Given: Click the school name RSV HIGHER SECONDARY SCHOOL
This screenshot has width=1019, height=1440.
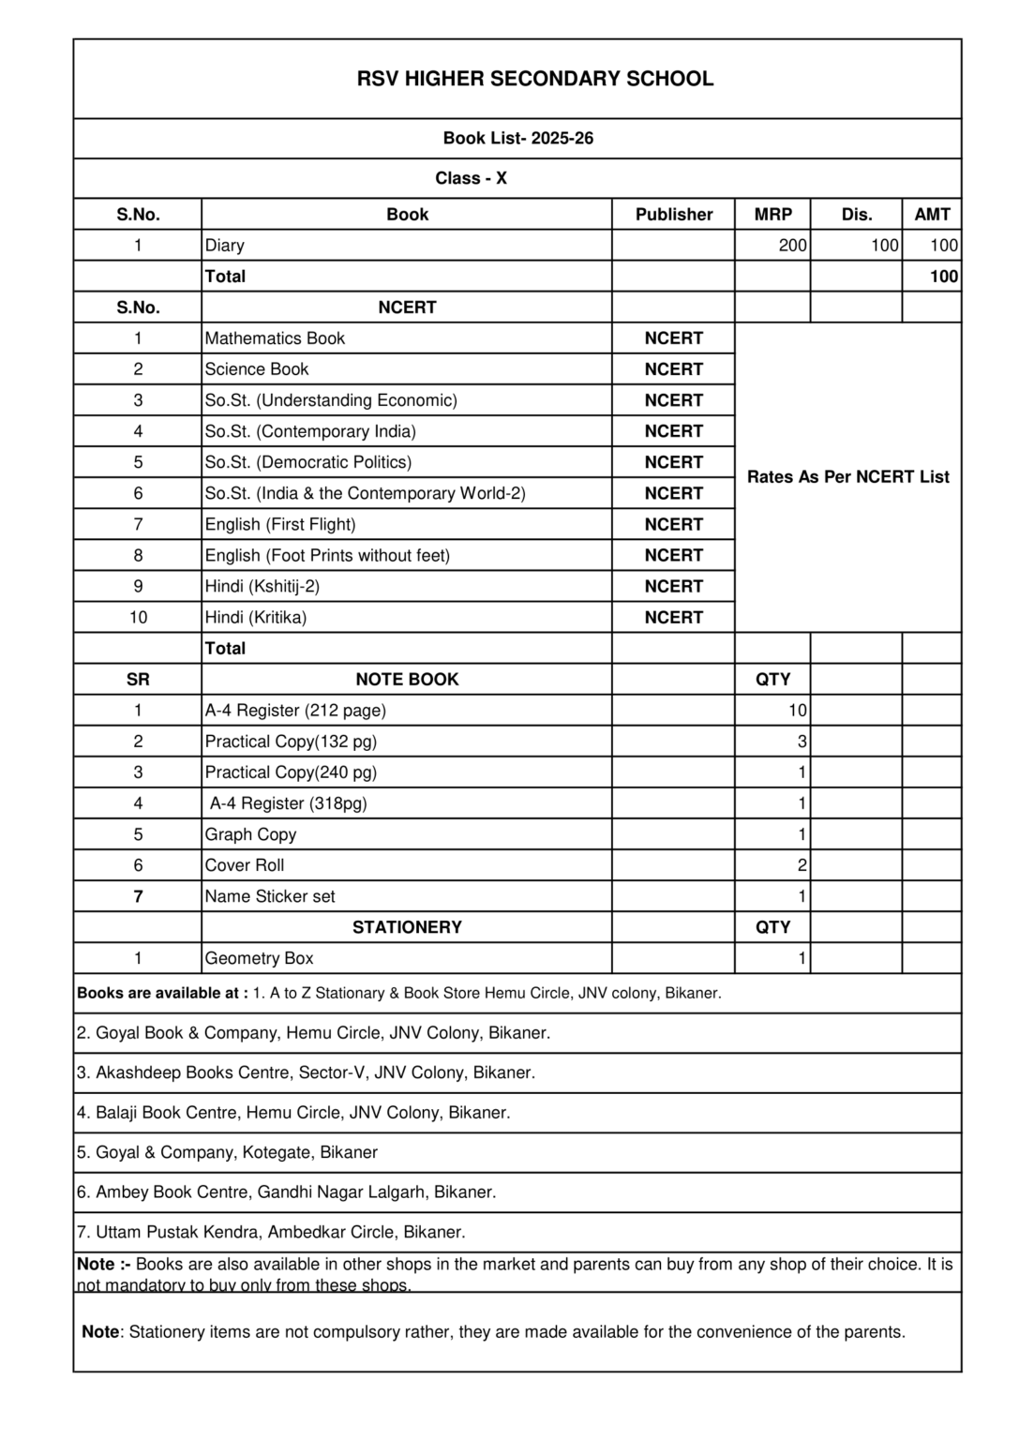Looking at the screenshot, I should click(x=534, y=79).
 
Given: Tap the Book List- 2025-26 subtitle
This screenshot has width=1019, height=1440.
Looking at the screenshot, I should click(x=517, y=138).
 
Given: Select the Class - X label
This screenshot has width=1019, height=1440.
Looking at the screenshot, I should click(x=471, y=178).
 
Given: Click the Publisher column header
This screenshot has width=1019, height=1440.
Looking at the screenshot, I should click(x=673, y=215).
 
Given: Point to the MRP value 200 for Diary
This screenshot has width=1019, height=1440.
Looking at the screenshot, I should click(x=792, y=246).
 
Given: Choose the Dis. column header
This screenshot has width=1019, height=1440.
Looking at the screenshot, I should click(x=856, y=215).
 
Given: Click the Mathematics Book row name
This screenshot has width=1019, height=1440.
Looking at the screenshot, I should click(x=275, y=338).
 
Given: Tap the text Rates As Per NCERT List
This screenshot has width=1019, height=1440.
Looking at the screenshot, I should click(x=847, y=477).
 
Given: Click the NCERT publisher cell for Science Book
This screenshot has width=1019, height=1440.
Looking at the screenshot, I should click(x=673, y=369).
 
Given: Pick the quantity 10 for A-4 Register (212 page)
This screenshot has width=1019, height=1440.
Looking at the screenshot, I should click(x=797, y=711).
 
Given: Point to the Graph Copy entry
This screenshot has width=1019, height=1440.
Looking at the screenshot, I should click(x=250, y=834).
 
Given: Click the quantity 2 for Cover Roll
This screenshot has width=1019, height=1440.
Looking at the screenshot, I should click(x=802, y=865).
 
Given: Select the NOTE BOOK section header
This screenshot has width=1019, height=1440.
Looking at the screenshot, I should click(x=407, y=680).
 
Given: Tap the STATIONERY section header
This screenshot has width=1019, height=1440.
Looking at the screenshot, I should click(x=407, y=927).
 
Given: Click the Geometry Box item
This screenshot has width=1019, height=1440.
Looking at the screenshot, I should click(x=259, y=958).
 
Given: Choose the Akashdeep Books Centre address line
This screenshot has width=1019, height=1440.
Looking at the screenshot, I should click(x=306, y=1072).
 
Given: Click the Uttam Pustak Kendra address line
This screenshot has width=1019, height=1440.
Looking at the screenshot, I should click(x=271, y=1232).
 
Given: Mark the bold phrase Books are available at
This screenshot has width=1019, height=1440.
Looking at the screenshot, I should click(x=162, y=993).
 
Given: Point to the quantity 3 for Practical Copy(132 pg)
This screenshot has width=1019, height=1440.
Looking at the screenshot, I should click(x=802, y=742).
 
